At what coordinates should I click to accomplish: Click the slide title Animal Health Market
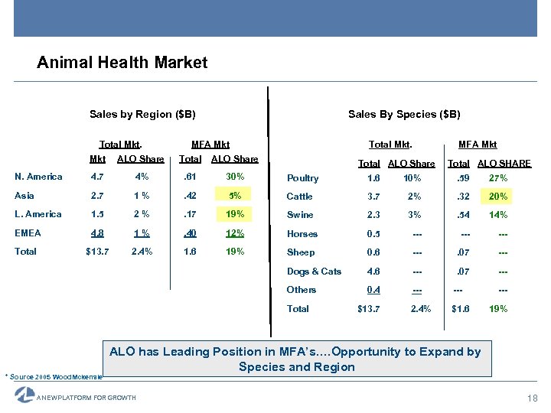click(122, 63)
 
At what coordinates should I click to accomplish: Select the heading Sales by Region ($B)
click(142, 115)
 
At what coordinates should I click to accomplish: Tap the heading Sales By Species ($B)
click(404, 115)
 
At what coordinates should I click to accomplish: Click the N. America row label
click(38, 177)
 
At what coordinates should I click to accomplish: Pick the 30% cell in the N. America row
click(235, 177)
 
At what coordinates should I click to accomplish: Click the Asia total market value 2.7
click(98, 196)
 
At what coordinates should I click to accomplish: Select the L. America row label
click(38, 214)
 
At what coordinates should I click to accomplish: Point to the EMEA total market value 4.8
click(98, 233)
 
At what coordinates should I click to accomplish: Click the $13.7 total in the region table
click(98, 252)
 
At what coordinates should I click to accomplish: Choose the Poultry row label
click(302, 178)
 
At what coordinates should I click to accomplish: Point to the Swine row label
click(300, 215)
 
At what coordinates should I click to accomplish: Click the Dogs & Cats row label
click(314, 272)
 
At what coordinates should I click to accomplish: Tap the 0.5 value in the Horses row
click(373, 234)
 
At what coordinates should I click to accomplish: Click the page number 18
click(533, 398)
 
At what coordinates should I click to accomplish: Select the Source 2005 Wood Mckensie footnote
click(54, 377)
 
